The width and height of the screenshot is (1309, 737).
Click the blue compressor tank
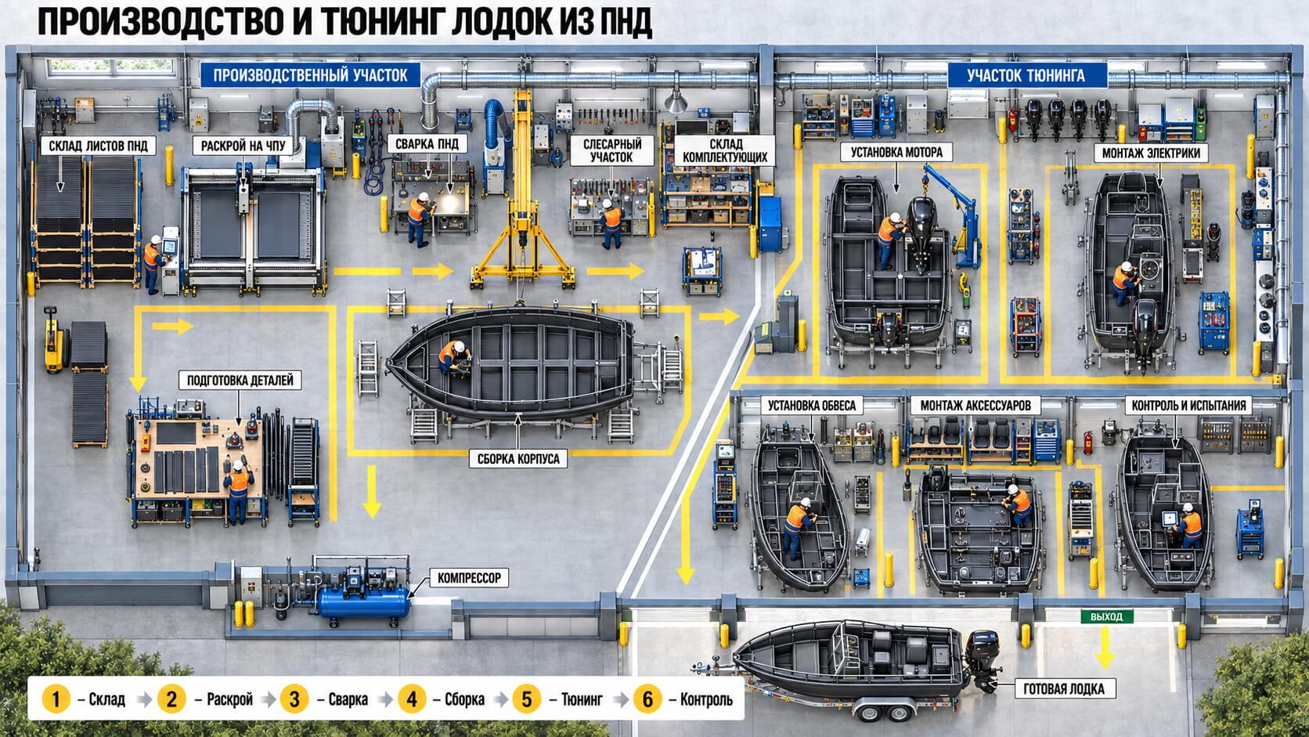tap(363, 602)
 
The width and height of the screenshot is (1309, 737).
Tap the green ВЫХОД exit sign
tap(1107, 616)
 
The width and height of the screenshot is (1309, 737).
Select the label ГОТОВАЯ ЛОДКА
tap(1063, 689)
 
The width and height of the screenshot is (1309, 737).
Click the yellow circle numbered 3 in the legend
tap(294, 699)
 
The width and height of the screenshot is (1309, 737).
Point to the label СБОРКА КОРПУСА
tap(517, 459)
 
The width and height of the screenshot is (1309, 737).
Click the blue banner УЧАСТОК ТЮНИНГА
tap(1026, 75)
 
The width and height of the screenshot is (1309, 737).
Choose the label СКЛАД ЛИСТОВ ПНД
tap(98, 146)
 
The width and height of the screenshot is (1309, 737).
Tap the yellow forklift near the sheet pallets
tap(55, 341)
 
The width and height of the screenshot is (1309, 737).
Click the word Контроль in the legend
tap(706, 699)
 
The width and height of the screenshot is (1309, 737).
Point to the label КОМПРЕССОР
tap(469, 578)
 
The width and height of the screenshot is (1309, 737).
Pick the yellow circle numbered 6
tap(647, 699)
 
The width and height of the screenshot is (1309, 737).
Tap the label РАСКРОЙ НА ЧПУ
tap(243, 146)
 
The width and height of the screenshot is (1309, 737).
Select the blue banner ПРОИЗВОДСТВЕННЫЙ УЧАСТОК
tap(310, 75)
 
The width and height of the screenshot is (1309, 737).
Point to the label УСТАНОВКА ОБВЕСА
tap(812, 406)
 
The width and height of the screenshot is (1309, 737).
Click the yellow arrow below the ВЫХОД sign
tap(1105, 648)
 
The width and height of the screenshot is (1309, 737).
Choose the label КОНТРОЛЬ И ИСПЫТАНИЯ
tap(1188, 406)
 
